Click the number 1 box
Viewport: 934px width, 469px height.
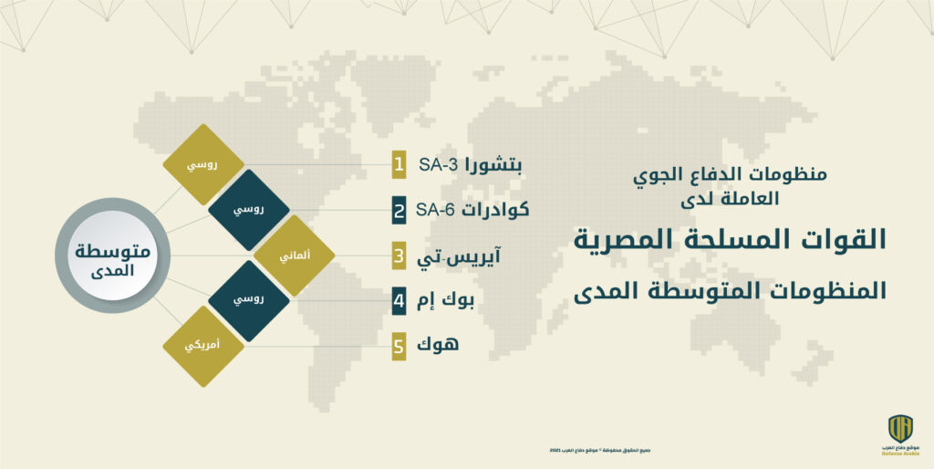[399, 165]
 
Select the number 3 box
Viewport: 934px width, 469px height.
[399, 256]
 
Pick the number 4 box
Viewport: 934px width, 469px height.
[399, 300]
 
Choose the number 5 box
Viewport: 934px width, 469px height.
[399, 347]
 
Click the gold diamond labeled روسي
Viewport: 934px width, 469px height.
[202, 165]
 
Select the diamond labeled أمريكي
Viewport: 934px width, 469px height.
[202, 347]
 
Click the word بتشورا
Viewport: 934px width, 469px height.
[493, 167]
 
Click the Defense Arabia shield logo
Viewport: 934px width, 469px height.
[900, 428]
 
